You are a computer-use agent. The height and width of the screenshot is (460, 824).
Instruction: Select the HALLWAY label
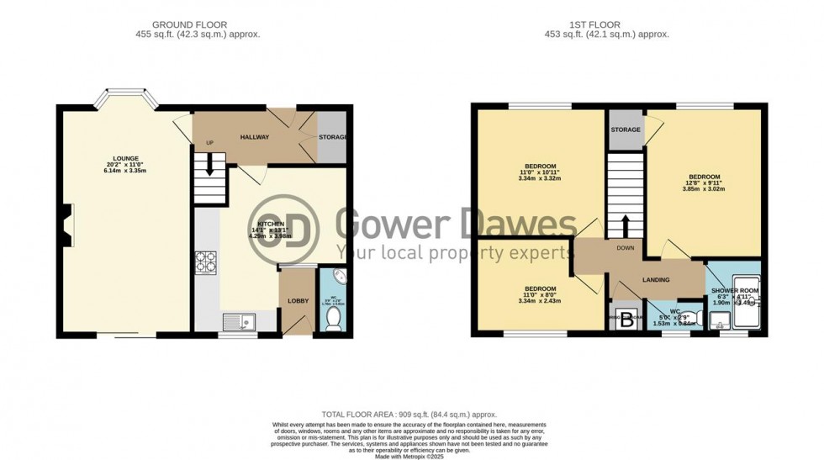point(254,137)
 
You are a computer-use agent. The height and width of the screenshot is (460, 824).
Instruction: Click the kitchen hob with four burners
point(206,263)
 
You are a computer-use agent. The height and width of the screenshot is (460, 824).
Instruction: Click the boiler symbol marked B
point(626,319)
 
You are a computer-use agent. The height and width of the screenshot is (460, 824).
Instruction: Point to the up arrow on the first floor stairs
point(625,226)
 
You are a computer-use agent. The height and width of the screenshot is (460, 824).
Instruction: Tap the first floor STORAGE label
point(626,130)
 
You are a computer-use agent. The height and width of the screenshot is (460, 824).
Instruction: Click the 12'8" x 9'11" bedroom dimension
point(705,183)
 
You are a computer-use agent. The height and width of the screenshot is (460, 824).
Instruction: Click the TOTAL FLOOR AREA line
point(409,415)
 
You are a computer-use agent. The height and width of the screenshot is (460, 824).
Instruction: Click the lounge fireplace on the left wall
point(66,227)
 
